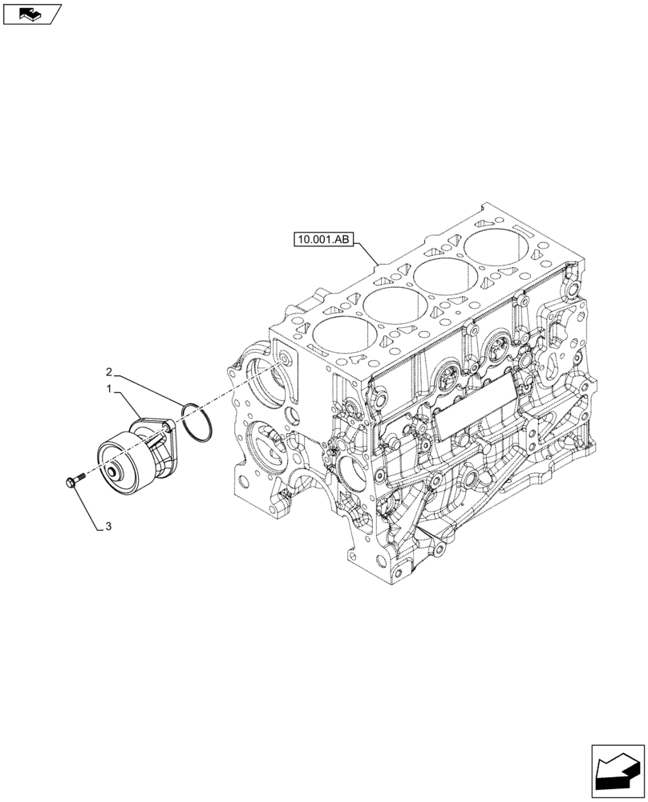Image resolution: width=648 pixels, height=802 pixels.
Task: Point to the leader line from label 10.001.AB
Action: click(x=366, y=252)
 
